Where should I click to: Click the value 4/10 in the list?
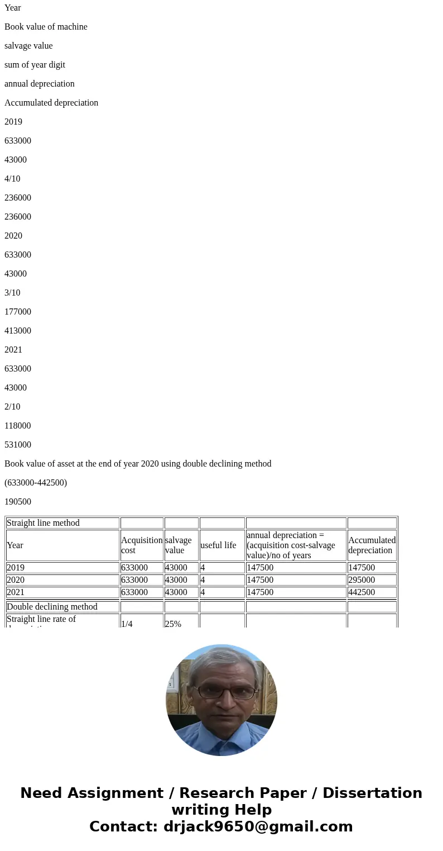(x=12, y=179)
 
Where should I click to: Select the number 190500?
(x=18, y=502)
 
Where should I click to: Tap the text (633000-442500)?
(x=36, y=483)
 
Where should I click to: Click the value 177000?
(x=18, y=312)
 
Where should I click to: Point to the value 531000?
(x=18, y=445)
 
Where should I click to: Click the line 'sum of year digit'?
(x=35, y=65)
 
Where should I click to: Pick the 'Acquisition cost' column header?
(x=142, y=545)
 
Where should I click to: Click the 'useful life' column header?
(x=218, y=545)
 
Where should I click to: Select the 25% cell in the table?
(x=173, y=624)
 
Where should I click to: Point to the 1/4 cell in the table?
(x=127, y=624)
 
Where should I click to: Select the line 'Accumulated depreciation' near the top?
(x=51, y=103)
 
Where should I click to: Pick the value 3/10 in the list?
(x=12, y=293)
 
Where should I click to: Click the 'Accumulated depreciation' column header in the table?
(x=372, y=545)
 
